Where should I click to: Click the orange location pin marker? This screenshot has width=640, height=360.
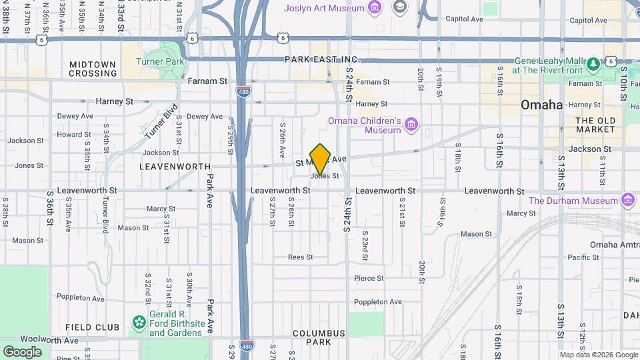click(x=320, y=159)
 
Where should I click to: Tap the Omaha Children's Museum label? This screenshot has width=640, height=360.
click(x=363, y=125)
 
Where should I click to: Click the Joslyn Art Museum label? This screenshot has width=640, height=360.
click(x=324, y=8)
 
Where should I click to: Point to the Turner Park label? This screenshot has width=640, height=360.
click(x=159, y=61)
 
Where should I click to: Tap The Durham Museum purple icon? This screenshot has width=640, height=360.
click(x=627, y=200)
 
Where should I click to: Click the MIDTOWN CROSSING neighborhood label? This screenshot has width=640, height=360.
click(x=93, y=69)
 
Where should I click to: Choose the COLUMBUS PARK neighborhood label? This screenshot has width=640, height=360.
click(x=319, y=337)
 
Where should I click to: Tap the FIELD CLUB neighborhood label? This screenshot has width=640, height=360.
click(x=93, y=327)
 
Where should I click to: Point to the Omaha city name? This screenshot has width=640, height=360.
click(x=541, y=105)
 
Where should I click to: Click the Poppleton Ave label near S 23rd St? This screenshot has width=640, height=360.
click(x=378, y=301)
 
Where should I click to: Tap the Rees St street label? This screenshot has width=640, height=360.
click(x=300, y=257)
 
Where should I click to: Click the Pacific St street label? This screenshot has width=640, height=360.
click(x=583, y=257)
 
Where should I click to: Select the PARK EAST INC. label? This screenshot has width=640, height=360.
click(x=322, y=59)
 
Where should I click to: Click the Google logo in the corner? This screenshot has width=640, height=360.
click(x=22, y=352)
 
